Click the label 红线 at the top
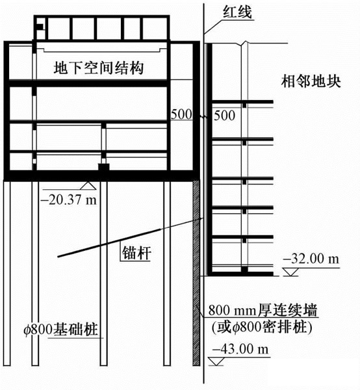(237, 12)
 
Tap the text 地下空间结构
(99, 68)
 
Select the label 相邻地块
(311, 81)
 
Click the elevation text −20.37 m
(70, 200)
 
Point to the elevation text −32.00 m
(311, 259)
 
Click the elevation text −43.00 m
(240, 348)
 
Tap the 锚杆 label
(136, 253)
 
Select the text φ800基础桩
(60, 330)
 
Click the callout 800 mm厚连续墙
(263, 310)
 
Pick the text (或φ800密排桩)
(262, 327)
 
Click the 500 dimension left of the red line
(181, 114)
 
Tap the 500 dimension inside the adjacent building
(224, 116)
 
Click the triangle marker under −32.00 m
(291, 272)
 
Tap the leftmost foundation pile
(7, 273)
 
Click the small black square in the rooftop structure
(40, 27)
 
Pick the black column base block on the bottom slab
(104, 167)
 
